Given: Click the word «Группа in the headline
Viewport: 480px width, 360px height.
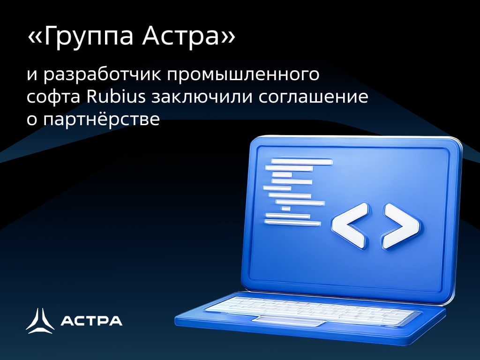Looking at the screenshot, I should [79, 38].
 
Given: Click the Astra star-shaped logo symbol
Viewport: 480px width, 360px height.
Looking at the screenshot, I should [40, 321].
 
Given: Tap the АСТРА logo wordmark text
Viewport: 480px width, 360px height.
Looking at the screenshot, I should [92, 321].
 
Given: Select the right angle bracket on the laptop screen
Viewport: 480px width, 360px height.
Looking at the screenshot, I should [399, 226].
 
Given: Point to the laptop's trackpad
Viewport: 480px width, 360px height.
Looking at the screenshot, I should [289, 321].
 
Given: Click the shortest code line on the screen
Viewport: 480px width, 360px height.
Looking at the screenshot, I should [286, 209].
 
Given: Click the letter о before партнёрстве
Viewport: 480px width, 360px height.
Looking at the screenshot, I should [31, 120].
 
